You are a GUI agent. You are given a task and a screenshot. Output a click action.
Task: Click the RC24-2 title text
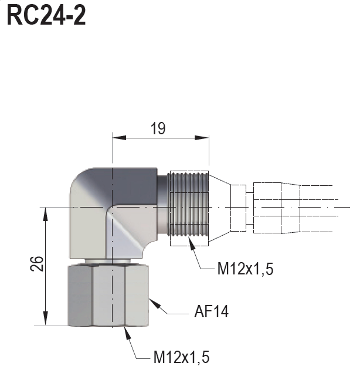click(46, 16)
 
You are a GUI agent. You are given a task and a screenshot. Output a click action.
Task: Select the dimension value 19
click(158, 129)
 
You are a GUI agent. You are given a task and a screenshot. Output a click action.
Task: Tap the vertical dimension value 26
click(36, 266)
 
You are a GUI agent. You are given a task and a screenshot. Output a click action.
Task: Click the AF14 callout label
click(211, 312)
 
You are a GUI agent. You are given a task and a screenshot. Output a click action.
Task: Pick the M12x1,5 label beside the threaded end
click(245, 269)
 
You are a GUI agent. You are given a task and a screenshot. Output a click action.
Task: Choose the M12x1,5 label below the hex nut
click(181, 357)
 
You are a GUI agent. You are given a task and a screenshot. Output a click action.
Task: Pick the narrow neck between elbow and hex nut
click(108, 261)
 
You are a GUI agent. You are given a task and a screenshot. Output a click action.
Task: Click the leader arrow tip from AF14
click(150, 301)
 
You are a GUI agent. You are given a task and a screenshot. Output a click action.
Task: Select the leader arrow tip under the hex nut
click(125, 329)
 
